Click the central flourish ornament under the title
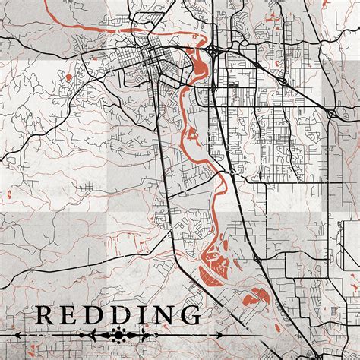coord(118,334)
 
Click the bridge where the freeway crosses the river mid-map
coord(227,173)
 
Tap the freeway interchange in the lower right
coord(258,259)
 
